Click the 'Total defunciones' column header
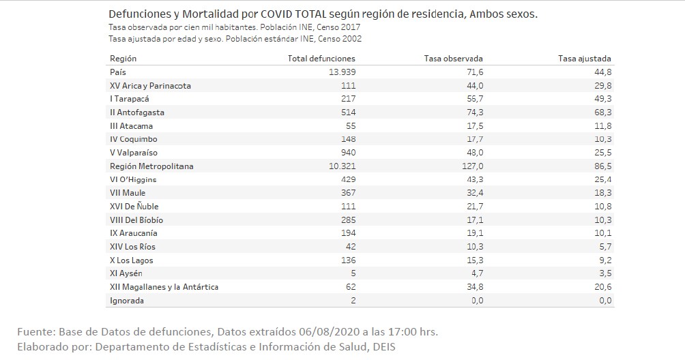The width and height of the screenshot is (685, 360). pos(321,59)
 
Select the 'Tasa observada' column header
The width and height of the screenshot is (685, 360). pos(454,59)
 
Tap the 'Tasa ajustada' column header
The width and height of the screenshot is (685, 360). pos(584,59)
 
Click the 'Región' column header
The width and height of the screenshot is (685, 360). pos(123,59)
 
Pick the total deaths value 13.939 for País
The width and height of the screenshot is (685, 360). pos(342,72)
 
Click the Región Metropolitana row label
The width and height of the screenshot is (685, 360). pos(151,166)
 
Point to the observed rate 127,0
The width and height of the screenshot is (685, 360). pos(472,166)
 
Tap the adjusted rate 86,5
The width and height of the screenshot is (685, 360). pos(602,166)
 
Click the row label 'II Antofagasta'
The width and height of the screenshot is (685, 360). pos(136,112)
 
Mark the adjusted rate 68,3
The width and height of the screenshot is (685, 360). pos(602,112)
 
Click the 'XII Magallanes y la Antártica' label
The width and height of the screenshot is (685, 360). pos(164,287)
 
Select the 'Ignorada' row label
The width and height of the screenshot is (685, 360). pos(127,301)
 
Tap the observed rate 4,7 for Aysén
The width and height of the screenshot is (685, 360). pos(476,273)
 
